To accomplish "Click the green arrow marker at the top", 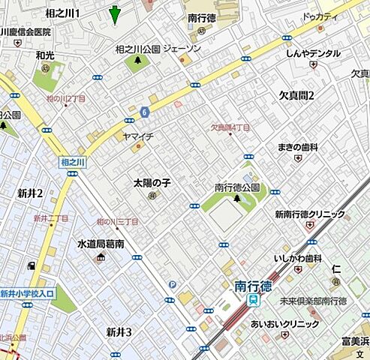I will click(x=114, y=13).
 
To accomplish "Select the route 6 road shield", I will click(x=143, y=112).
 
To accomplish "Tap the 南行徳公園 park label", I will click(x=236, y=187).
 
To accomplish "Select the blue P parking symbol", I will click(x=173, y=284).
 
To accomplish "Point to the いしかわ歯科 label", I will click(x=298, y=258).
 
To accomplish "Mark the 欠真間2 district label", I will click(x=296, y=94).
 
